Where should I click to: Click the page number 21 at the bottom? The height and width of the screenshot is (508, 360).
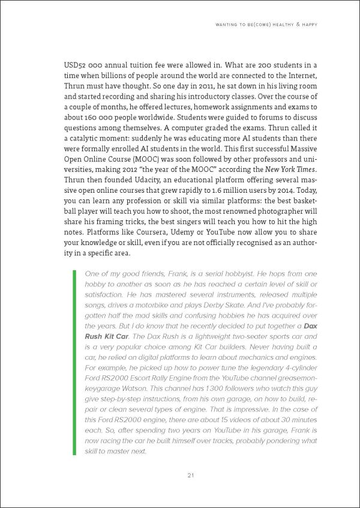pyautogui.click(x=189, y=476)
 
